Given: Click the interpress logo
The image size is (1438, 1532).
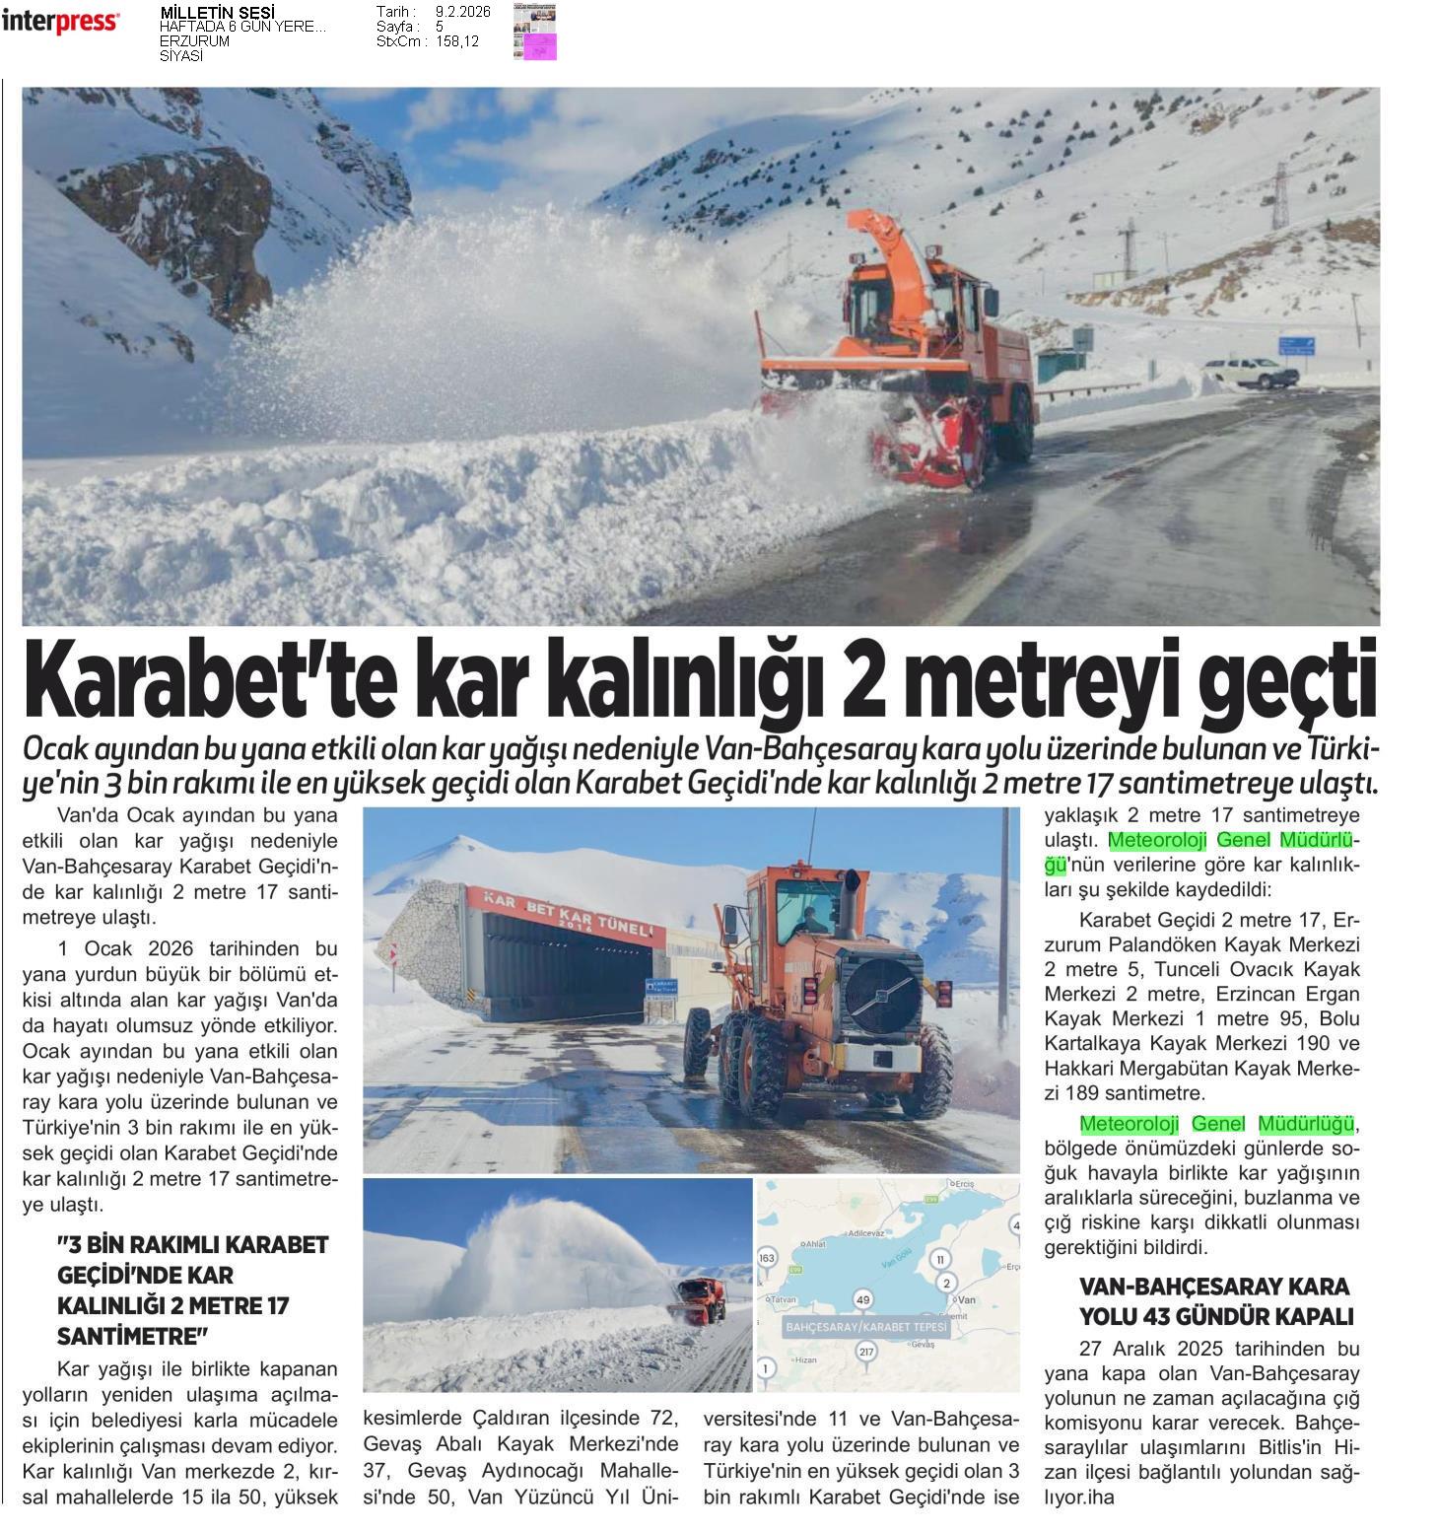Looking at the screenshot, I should click(x=60, y=21).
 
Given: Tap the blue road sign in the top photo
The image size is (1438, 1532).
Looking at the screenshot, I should click(x=1295, y=345).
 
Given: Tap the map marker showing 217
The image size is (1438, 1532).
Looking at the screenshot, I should click(x=866, y=1351).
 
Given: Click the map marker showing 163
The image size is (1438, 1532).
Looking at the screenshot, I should click(x=767, y=1258).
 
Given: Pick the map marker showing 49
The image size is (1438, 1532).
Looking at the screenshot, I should click(x=863, y=1299).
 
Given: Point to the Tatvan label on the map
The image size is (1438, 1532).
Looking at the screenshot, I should click(x=784, y=1299).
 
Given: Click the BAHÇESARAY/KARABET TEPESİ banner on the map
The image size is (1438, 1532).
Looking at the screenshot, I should click(x=865, y=1327).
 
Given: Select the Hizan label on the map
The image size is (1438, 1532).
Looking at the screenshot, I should click(x=804, y=1359).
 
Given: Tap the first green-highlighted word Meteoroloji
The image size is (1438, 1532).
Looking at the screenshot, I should click(x=1157, y=840).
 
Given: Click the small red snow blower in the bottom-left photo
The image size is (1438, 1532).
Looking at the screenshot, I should click(x=701, y=1297).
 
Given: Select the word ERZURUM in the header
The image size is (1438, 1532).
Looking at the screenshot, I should click(x=194, y=41).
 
